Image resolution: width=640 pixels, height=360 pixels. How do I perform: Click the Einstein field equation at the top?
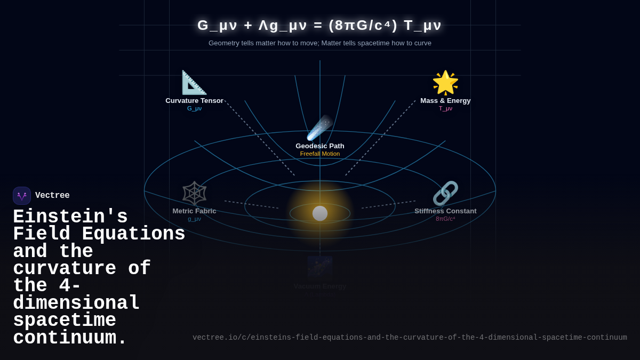coord(319,25)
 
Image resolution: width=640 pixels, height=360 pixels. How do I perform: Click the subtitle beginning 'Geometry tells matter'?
coord(320,43)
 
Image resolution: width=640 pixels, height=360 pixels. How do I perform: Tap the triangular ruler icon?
coord(194,83)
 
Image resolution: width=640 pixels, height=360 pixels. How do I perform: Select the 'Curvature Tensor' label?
coord(194,101)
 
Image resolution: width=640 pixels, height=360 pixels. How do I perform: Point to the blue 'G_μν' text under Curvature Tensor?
coord(194,109)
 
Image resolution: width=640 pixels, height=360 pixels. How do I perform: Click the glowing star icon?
coord(445,83)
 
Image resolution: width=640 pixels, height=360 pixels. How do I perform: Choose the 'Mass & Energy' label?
coord(445,101)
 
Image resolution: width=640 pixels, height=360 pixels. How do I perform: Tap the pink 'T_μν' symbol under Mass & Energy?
coord(445,109)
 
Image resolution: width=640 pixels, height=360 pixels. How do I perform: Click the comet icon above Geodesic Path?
coord(319,128)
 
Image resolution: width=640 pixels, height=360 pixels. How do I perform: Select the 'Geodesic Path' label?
coord(320,146)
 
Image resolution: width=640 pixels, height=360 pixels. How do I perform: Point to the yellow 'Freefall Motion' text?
coord(320,154)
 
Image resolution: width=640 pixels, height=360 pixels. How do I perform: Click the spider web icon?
coord(194,193)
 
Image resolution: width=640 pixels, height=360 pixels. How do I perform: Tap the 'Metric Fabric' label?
coord(194,211)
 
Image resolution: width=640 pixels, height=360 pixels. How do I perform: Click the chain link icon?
coord(445,193)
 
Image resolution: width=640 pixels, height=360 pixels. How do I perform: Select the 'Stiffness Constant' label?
coord(445,211)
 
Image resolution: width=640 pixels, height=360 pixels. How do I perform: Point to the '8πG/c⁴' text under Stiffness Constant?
coord(445,219)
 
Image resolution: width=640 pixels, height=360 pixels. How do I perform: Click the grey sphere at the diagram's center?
coord(320,213)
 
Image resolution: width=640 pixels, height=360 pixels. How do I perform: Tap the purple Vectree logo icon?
coord(22,196)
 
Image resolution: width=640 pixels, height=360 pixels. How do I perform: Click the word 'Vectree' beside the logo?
coord(52,196)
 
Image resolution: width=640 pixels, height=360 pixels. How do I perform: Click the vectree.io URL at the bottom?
coord(410,338)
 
